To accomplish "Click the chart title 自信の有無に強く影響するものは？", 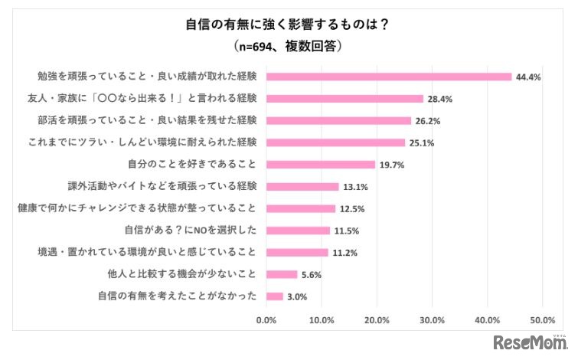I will coord(289,24).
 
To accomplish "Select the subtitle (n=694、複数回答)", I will coord(289,46).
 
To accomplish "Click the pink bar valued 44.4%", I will coord(388,77).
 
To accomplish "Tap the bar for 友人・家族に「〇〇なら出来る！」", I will coord(345,98).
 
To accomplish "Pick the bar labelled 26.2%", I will coord(338,120).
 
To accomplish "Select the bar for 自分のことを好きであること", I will coord(320,164).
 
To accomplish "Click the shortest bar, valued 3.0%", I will coord(274,296).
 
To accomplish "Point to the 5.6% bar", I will coord(281,273).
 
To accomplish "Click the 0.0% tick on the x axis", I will coord(266,319).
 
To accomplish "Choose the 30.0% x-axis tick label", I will coord(432,319).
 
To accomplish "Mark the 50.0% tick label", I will coord(543,319).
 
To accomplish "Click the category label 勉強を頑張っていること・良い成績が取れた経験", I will coord(147,77).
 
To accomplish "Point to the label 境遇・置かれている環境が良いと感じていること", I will coord(147,252).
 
